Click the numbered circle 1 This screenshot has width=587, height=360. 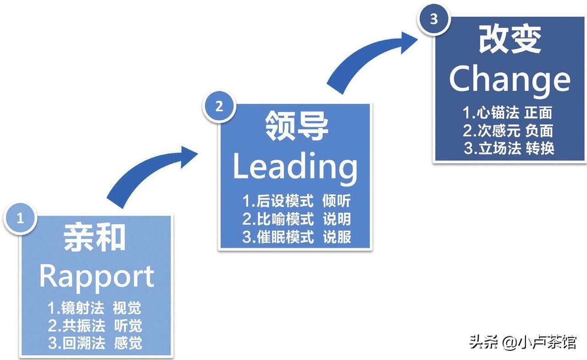click(20, 219)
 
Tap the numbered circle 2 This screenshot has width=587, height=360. click(219, 106)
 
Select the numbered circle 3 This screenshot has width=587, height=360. click(433, 19)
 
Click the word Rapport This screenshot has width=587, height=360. click(97, 277)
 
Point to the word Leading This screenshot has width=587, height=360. click(294, 167)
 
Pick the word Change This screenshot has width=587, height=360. click(509, 79)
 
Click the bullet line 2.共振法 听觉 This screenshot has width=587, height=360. click(95, 326)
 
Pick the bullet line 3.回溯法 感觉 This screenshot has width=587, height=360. click(95, 343)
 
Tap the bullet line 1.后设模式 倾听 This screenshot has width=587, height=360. click(297, 201)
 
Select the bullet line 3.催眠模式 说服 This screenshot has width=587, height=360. click(297, 237)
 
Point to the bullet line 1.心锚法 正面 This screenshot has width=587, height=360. click(508, 113)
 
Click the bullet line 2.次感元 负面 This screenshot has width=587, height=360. click(508, 131)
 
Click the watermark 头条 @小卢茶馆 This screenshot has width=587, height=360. click(522, 342)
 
